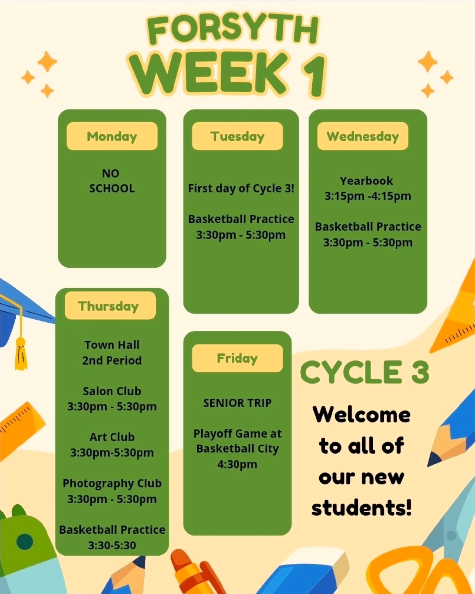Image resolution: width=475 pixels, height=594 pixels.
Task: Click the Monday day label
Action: click(x=112, y=136)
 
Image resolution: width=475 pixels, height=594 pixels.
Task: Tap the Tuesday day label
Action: click(x=237, y=136)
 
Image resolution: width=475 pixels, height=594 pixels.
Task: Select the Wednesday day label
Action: click(x=363, y=136)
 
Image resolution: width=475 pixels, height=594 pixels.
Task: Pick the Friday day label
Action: click(x=237, y=358)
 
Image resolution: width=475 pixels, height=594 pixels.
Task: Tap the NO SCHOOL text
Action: click(x=112, y=181)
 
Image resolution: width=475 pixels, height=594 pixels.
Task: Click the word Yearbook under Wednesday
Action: click(x=366, y=181)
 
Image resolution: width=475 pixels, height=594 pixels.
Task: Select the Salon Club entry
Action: click(x=112, y=391)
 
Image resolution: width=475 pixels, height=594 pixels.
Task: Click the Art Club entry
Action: click(x=112, y=437)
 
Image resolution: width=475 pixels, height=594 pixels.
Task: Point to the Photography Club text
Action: click(x=112, y=483)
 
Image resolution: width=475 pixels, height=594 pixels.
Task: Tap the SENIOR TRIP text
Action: click(x=237, y=403)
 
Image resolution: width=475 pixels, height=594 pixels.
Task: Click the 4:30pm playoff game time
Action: click(x=237, y=464)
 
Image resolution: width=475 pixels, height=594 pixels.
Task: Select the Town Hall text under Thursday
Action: click(x=112, y=345)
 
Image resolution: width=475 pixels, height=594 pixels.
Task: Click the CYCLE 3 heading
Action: click(x=364, y=372)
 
